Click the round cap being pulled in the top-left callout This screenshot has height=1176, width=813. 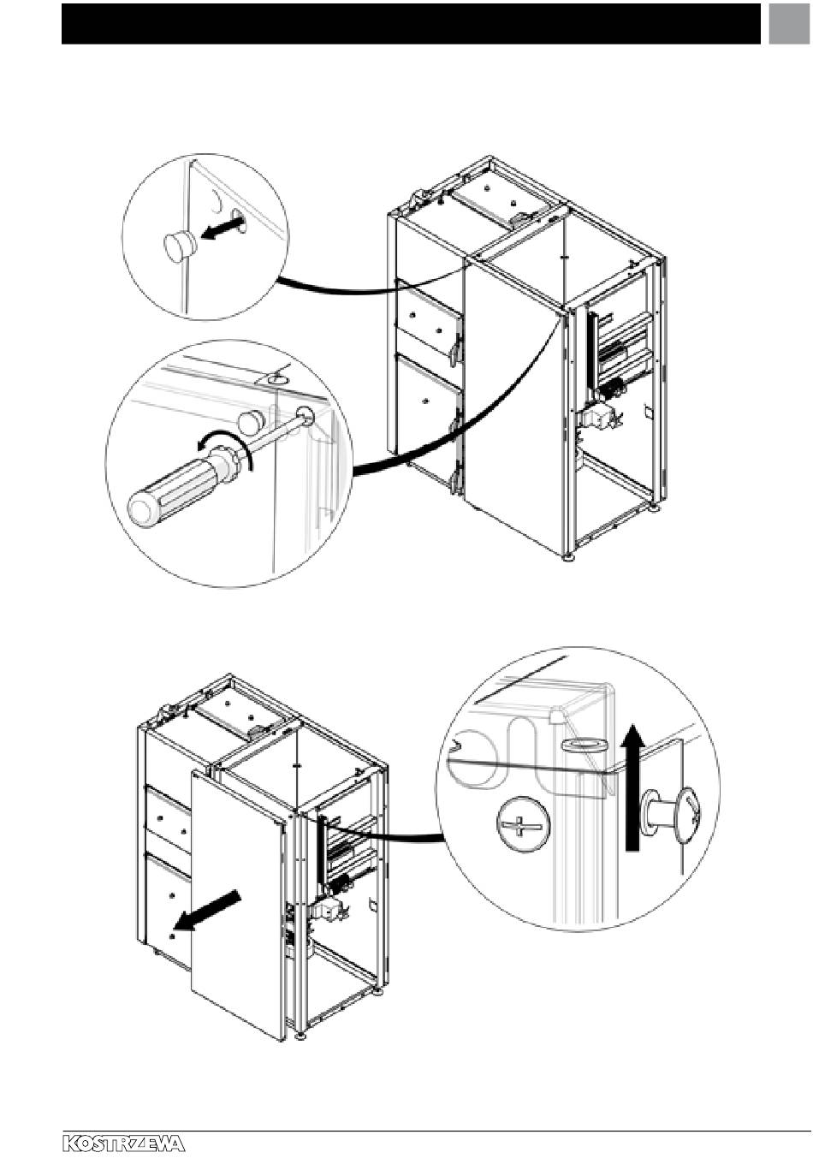coord(180,245)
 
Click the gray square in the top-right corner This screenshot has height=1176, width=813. coord(789,24)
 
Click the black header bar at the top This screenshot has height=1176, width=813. coord(411,24)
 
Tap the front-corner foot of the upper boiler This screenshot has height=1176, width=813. coord(568,557)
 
